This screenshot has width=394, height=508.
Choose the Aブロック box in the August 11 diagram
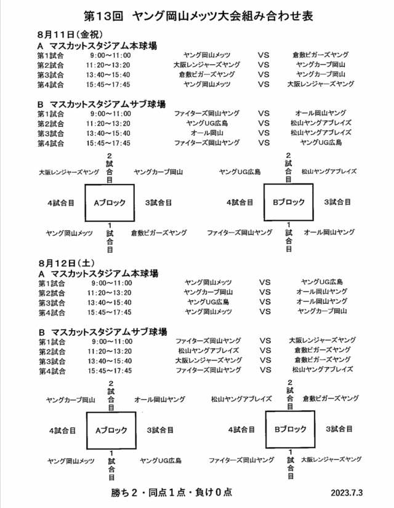pos(110,202)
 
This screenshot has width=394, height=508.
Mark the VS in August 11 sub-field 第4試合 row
pos(264,142)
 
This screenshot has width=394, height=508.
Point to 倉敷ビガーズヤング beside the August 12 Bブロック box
pos(330,399)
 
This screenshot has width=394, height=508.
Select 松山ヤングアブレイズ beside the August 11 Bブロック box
pos(329,172)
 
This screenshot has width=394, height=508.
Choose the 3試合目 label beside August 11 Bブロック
pos(338,202)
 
